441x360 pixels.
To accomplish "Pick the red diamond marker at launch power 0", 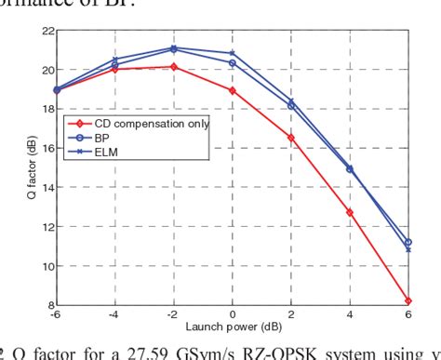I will (233, 90).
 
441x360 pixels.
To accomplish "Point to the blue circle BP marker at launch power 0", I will (233, 62).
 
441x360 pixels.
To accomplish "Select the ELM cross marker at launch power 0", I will (233, 53).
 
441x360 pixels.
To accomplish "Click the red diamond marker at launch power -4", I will (115, 69).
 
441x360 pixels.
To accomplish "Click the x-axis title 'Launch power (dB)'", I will (232, 325).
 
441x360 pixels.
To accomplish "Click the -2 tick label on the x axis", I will (173, 315).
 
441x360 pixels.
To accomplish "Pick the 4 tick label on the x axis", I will (350, 315).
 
